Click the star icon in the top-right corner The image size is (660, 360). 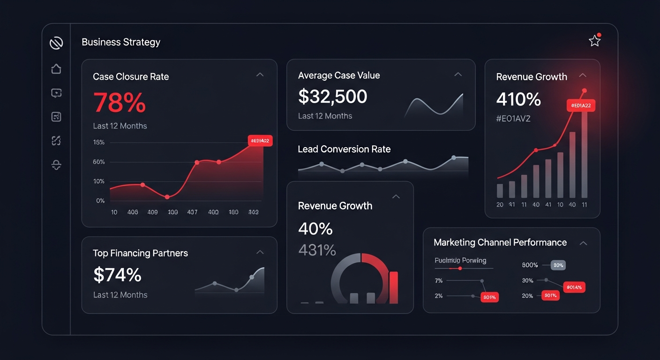(x=594, y=41)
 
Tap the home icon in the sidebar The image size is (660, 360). (x=56, y=69)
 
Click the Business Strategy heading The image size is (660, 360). (x=121, y=42)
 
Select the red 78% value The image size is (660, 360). (x=120, y=103)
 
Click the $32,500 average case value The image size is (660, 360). (x=332, y=97)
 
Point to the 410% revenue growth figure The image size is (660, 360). (x=518, y=99)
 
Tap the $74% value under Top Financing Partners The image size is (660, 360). (x=117, y=275)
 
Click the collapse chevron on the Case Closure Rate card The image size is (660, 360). (x=260, y=75)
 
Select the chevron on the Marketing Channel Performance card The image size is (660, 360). (x=583, y=243)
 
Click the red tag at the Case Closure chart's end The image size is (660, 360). (x=260, y=141)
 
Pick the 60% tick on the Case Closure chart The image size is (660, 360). (x=99, y=162)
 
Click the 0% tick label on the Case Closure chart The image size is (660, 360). (x=100, y=201)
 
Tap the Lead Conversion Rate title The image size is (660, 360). (x=344, y=149)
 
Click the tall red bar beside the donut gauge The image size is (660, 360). (x=394, y=287)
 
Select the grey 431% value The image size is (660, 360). (x=317, y=250)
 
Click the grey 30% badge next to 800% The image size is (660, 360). (x=558, y=265)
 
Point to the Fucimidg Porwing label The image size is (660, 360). (x=460, y=260)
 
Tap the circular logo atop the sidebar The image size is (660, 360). (x=56, y=43)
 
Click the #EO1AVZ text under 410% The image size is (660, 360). (x=513, y=119)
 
